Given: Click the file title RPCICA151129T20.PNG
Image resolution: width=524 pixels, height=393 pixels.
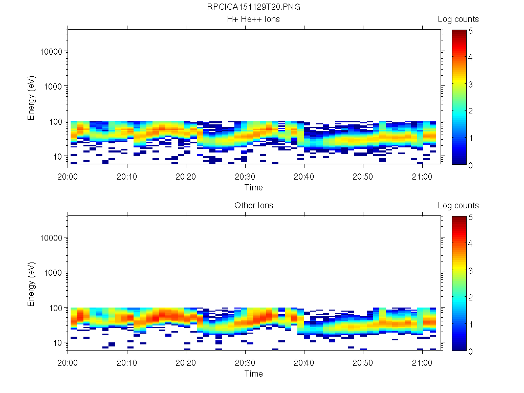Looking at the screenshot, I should pos(253,7).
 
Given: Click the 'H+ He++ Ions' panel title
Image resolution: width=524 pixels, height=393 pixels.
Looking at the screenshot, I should pos(253,19).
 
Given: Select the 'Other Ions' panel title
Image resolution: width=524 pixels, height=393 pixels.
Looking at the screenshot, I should pos(253,206).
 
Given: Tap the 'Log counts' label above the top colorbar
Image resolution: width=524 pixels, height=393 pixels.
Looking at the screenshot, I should pos(458,19).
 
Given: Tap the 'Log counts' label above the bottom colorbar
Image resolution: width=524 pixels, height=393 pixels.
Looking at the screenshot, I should pos(458,206).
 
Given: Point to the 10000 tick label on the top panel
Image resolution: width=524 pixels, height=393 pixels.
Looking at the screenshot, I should pos(51,52).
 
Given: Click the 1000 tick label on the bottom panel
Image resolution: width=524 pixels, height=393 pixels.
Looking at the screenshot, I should pos(53,273).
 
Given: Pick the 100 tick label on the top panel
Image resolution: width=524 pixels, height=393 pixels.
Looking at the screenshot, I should pos(55,121).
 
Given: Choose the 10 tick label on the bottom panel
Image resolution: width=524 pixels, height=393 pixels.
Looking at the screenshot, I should pos(57,342).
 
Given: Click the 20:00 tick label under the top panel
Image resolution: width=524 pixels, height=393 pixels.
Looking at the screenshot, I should pos(68,176).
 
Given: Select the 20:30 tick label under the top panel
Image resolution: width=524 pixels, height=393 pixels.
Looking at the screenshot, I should pos(245,176).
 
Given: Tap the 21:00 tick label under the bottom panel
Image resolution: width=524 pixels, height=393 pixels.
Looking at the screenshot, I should pos(422,362).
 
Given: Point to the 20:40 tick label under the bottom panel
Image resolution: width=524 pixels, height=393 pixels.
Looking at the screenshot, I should pos(304,362).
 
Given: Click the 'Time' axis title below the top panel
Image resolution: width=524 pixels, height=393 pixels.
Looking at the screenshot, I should pos(253,187).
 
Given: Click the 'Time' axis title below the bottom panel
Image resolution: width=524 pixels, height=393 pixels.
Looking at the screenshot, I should pos(253,374).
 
